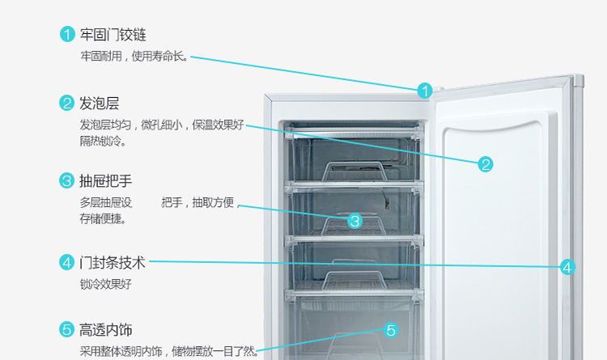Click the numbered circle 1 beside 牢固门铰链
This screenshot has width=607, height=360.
coord(67,35)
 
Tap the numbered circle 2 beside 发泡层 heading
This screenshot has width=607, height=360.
coord(67,104)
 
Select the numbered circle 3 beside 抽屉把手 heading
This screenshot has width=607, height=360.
coord(67,180)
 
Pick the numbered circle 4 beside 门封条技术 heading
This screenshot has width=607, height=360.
coord(67,263)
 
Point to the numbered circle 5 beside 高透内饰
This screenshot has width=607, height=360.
coord(67,330)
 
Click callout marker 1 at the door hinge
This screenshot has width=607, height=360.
coord(425,91)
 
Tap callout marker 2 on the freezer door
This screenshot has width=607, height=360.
coord(486,164)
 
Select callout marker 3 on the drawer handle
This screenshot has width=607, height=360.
coord(354,221)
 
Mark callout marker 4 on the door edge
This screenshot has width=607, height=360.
coord(567,267)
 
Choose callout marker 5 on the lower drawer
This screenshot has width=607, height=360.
coord(391,330)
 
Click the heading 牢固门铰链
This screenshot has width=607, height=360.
coord(112,35)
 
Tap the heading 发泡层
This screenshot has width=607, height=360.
coord(99,104)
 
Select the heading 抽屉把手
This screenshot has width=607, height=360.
coord(105,180)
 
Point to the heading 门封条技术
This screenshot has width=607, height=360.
coord(112,263)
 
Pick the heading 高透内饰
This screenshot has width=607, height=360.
coord(105,330)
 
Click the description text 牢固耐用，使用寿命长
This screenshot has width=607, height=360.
coord(134,57)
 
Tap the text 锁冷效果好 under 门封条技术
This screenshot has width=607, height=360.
coord(105,284)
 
